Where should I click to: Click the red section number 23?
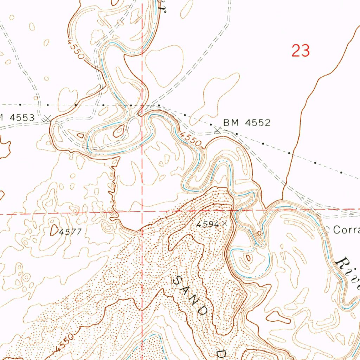(301, 51)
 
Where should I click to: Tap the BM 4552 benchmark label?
(247, 123)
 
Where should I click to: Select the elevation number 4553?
(22, 118)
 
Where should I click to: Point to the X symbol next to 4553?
(47, 119)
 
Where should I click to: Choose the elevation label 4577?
(70, 232)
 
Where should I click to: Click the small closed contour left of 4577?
(54, 230)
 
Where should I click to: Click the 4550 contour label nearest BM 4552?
(191, 139)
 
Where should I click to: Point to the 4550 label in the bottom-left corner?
(64, 343)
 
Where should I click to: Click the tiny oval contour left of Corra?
(259, 233)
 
